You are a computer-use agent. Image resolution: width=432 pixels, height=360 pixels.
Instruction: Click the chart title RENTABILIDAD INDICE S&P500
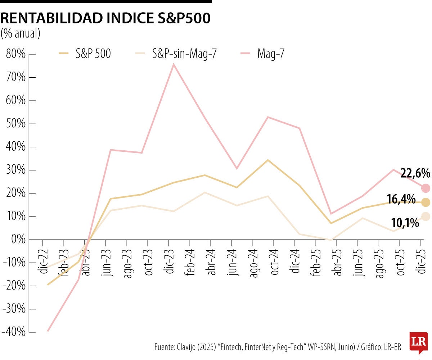tap(105, 19)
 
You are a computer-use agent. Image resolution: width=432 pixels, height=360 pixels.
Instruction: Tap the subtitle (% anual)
tap(21, 33)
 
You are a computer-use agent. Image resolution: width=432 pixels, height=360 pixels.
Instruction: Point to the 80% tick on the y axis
tap(16, 54)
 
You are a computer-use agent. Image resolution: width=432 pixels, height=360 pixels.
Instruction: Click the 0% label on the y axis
tap(18, 240)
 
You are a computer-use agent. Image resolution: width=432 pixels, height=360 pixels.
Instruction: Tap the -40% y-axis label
tap(14, 332)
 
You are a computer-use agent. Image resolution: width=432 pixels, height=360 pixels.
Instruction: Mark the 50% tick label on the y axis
tap(16, 124)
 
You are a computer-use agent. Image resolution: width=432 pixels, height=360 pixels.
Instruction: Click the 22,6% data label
tap(415, 174)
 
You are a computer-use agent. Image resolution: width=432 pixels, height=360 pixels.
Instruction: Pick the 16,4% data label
tap(401, 199)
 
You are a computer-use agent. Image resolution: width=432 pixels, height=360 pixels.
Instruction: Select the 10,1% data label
tap(405, 223)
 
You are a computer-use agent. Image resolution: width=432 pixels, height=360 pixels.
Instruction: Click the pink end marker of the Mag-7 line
tap(426, 188)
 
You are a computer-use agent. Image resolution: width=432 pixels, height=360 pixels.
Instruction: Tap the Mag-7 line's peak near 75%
tap(174, 64)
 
